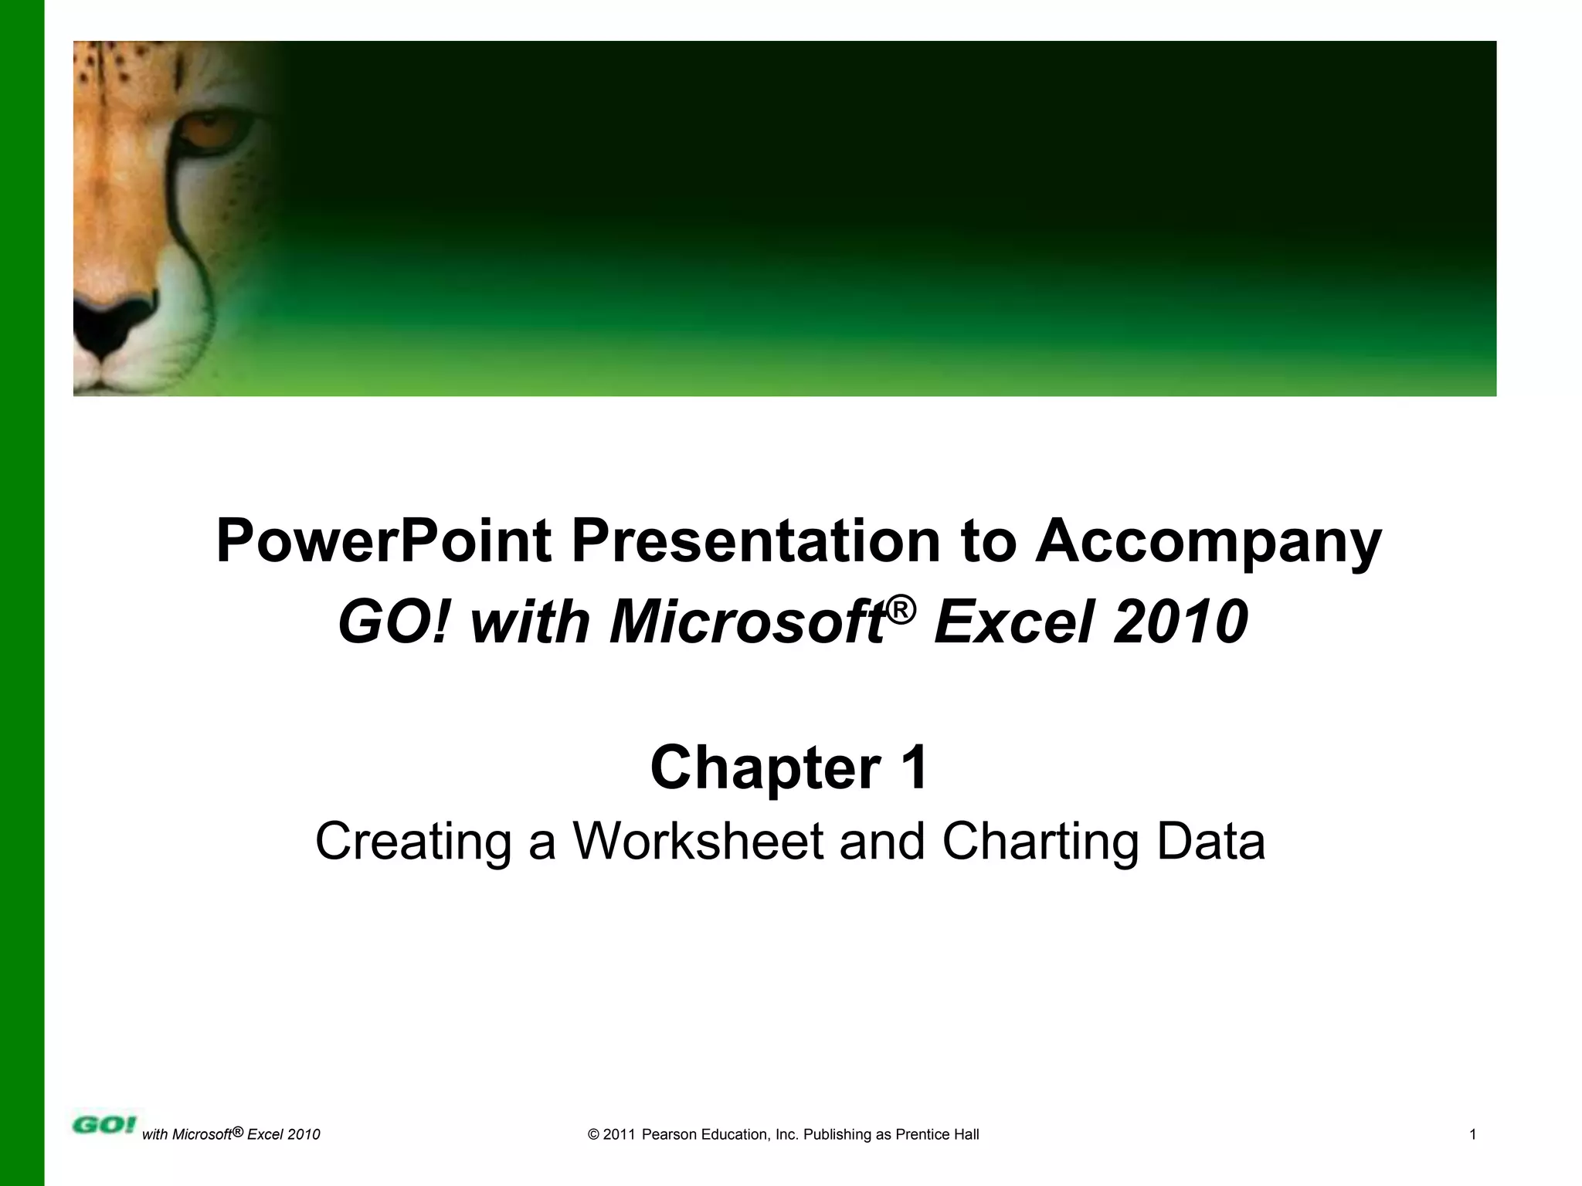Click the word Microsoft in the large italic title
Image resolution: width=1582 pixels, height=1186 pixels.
(x=746, y=622)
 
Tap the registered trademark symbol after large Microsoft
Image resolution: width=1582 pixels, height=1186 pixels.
(x=901, y=610)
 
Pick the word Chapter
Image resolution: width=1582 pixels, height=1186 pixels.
(x=765, y=768)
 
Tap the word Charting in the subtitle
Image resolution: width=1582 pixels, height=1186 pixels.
(x=1040, y=841)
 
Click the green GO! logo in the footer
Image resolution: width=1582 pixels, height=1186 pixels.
(x=104, y=1124)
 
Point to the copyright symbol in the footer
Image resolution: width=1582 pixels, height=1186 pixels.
(x=594, y=1134)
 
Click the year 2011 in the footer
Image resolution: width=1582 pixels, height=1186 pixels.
(x=619, y=1134)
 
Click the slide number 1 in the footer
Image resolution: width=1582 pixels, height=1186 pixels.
(x=1473, y=1134)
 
